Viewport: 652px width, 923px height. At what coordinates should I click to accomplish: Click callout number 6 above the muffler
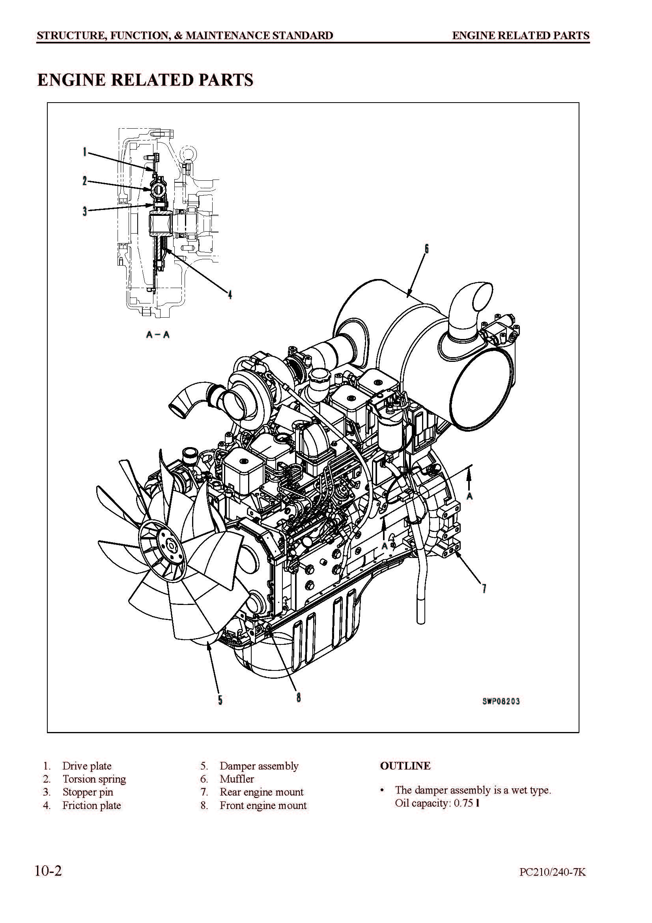click(x=427, y=249)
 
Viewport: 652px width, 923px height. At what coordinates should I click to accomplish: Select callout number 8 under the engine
click(x=299, y=697)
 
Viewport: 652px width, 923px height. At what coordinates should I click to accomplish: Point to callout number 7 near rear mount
click(x=484, y=589)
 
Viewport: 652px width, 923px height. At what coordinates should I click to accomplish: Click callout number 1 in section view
click(x=84, y=152)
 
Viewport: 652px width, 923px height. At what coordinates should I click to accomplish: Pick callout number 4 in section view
click(x=230, y=295)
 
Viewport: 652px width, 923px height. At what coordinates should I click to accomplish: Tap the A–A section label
click(x=158, y=335)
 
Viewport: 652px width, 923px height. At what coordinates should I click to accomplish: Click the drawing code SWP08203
click(x=501, y=701)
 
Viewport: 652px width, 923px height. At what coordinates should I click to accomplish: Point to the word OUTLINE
click(x=405, y=766)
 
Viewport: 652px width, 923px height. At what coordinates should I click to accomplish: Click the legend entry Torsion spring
click(x=94, y=779)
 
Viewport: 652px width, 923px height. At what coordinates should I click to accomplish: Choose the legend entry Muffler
click(x=237, y=779)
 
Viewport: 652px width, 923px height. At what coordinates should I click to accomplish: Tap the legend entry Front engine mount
click(x=263, y=806)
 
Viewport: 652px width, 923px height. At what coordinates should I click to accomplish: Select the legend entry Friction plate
click(x=92, y=806)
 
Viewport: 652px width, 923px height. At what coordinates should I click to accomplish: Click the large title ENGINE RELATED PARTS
click(x=146, y=80)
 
